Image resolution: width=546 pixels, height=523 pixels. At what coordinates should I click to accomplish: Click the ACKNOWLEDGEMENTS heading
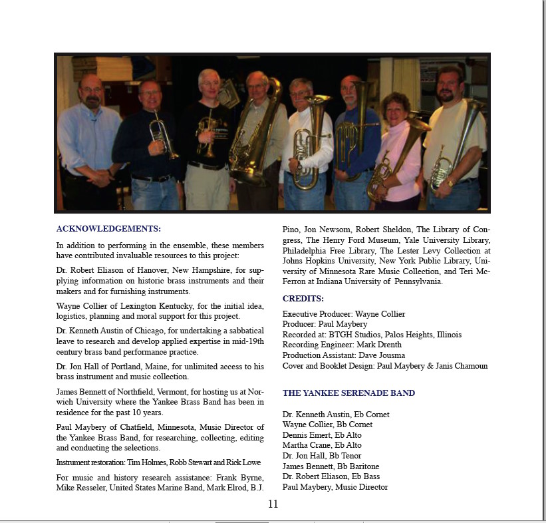[x=108, y=229]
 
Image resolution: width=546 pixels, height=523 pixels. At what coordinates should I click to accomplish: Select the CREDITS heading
[x=303, y=299]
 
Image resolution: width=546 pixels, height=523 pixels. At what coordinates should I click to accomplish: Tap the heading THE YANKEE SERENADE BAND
[x=348, y=393]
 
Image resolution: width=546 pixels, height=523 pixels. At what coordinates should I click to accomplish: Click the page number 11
[x=273, y=504]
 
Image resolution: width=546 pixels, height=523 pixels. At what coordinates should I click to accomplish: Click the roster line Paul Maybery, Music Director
[x=335, y=487]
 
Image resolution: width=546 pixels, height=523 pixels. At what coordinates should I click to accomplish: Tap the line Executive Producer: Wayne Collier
[x=343, y=314]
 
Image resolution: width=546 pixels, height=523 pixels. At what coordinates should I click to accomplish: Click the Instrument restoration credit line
[x=158, y=462]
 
